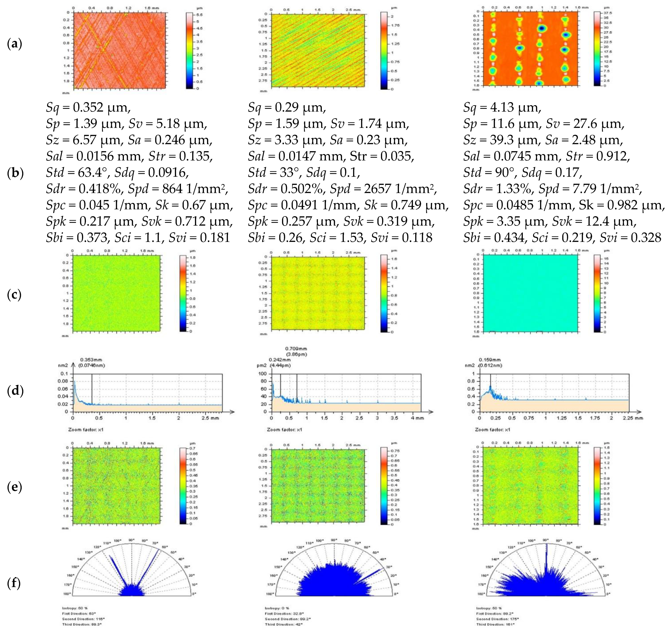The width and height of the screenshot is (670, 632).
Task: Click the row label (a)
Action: [x=14, y=44]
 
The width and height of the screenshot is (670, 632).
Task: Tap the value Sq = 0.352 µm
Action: [x=88, y=108]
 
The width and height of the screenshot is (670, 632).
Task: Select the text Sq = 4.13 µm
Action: [x=502, y=108]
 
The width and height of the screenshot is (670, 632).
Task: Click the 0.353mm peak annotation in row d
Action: [x=91, y=360]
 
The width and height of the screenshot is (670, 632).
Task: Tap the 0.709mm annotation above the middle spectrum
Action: [x=296, y=349]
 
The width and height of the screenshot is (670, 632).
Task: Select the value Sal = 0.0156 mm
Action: [x=94, y=156]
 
